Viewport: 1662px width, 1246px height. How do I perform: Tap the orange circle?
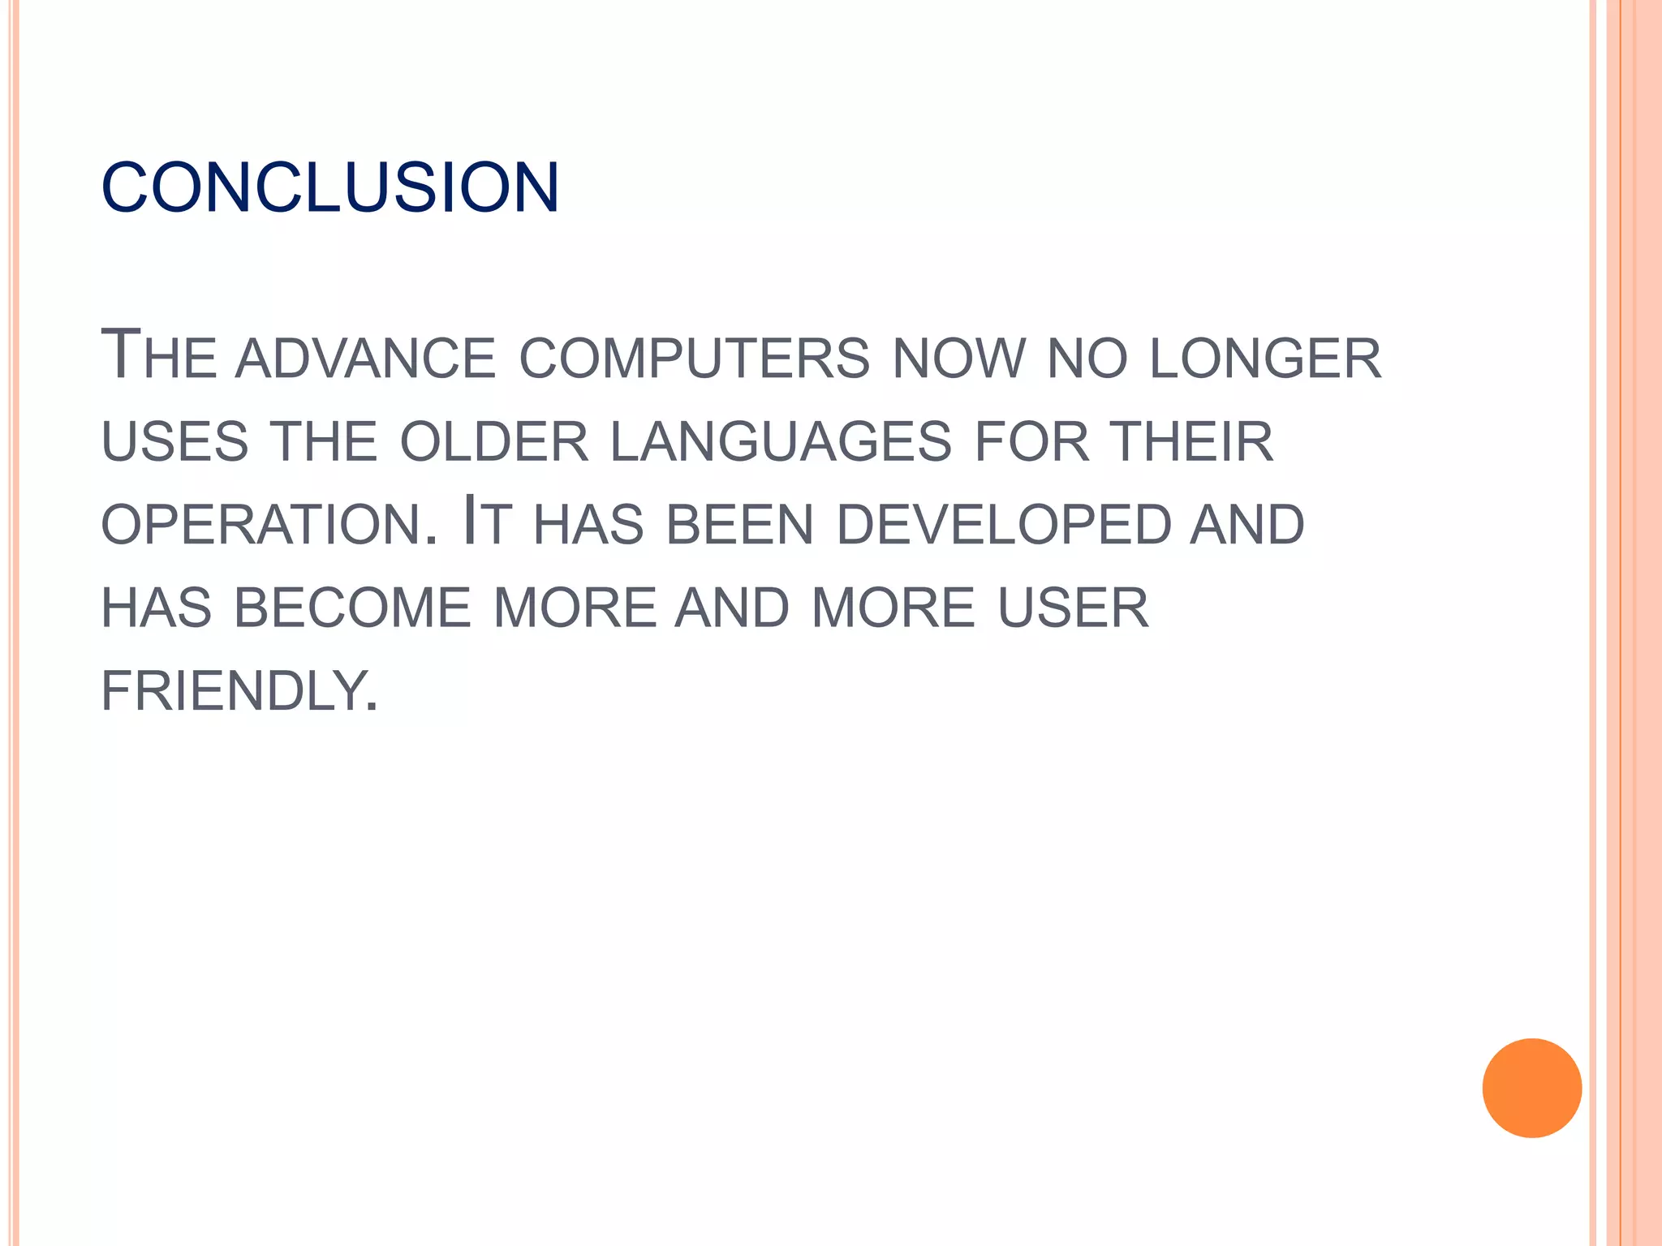(x=1531, y=1088)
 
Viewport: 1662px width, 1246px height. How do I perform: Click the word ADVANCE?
(x=365, y=359)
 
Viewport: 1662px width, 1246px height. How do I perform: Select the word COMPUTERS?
(x=694, y=359)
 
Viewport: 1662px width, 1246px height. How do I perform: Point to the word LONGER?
(x=1265, y=359)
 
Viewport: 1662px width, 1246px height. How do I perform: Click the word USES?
(x=174, y=442)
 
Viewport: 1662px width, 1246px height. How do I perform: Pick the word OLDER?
(x=494, y=442)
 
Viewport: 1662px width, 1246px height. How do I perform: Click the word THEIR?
(x=1192, y=442)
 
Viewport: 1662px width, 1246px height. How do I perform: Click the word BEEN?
(x=739, y=525)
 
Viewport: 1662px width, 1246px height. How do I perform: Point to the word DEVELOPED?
(x=1003, y=525)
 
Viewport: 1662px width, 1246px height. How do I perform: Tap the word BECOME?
(x=352, y=608)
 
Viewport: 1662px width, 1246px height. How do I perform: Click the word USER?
(x=1073, y=608)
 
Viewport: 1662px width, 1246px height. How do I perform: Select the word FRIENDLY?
(x=239, y=691)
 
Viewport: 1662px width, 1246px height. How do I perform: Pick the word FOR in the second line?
(x=1031, y=442)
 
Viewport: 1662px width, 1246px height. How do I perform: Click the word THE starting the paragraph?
(x=159, y=357)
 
